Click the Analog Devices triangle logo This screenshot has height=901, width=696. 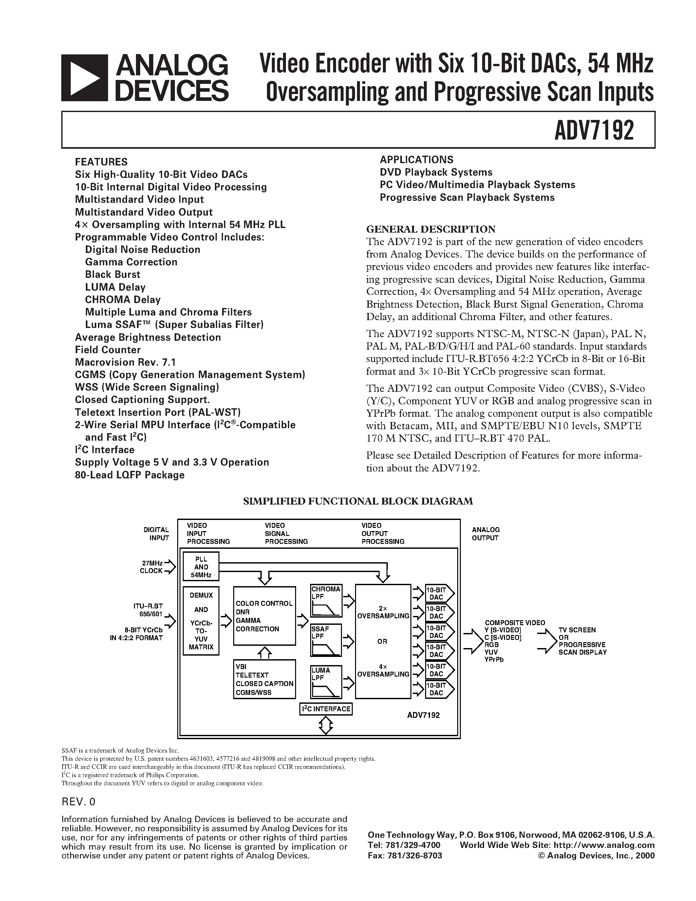(84, 78)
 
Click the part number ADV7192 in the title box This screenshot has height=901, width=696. (594, 130)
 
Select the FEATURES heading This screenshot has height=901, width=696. (101, 162)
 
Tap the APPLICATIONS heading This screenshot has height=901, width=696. (416, 160)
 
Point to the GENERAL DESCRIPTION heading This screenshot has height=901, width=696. (431, 229)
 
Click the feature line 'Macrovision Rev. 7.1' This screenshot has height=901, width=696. (125, 362)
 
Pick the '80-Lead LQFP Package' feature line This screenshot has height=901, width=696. (129, 475)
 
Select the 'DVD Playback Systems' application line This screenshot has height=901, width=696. (436, 172)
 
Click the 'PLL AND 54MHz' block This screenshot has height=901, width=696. (201, 567)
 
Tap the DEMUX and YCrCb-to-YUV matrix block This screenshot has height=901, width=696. (201, 621)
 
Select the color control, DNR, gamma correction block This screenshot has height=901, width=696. (264, 616)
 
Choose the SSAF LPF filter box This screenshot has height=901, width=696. (326, 640)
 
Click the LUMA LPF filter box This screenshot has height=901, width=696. (326, 681)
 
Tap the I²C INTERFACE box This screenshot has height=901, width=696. (326, 709)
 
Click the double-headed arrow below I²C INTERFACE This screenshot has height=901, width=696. (326, 725)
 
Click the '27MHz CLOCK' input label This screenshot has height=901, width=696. (151, 567)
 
